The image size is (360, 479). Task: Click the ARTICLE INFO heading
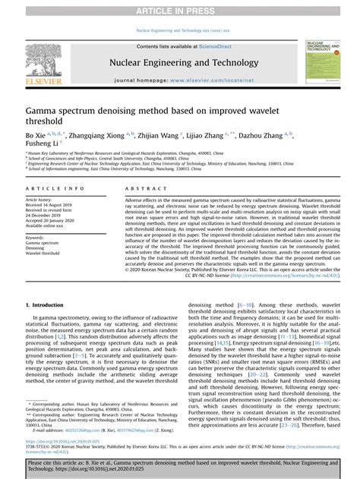(x=50, y=188)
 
